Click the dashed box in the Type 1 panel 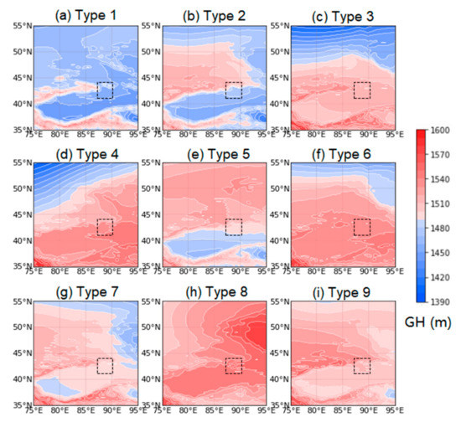point(105,90)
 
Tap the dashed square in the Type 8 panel point(233,365)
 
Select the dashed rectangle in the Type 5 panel point(233,228)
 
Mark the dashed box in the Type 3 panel point(361,90)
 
